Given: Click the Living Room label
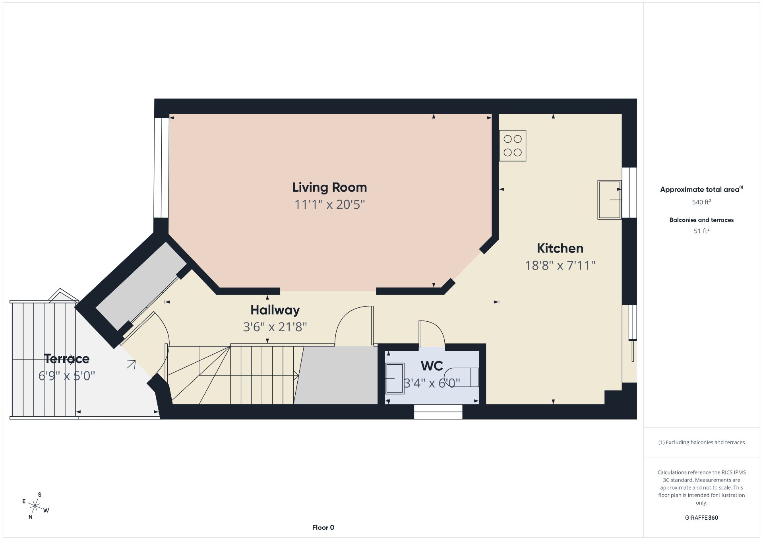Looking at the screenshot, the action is [329, 187].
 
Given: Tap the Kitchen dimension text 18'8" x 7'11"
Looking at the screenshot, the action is [560, 265].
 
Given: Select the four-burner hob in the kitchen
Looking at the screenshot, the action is [513, 146].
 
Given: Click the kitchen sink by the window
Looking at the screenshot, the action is [610, 200].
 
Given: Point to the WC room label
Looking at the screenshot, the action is [432, 366].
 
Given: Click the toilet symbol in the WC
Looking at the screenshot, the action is [461, 377].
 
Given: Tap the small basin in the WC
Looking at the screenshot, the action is [395, 378].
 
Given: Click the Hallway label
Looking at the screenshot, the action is [275, 310].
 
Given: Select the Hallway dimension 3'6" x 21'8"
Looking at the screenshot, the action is [275, 327].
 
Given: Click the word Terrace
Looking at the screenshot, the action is [67, 359].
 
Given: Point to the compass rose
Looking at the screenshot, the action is [35, 506].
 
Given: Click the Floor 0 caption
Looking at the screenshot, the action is [323, 528].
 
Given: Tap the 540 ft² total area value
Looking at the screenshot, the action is [701, 202].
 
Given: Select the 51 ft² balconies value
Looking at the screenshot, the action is [701, 231].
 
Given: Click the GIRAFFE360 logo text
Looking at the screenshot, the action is [701, 518].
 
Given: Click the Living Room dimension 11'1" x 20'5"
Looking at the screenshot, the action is [329, 204].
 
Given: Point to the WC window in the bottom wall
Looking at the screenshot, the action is [438, 412].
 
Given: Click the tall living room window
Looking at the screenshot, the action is [161, 168].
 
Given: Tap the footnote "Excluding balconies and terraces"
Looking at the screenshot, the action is [701, 442].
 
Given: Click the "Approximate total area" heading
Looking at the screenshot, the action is [701, 189].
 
